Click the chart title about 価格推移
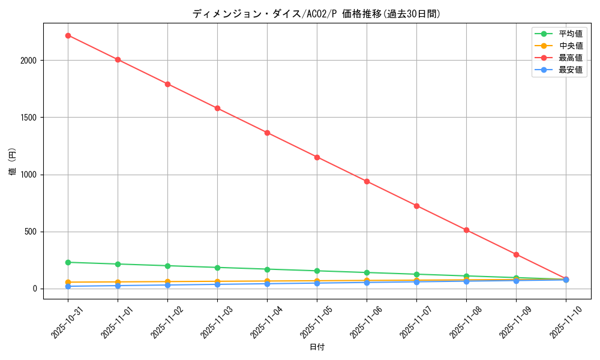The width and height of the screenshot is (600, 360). click(x=316, y=14)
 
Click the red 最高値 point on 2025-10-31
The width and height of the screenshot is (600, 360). click(x=68, y=35)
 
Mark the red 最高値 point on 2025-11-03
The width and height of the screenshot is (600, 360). click(x=217, y=108)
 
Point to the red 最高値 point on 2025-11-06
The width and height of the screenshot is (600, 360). click(x=367, y=181)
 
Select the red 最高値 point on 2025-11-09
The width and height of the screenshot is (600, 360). click(x=516, y=254)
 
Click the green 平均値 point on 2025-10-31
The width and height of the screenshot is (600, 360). click(x=68, y=262)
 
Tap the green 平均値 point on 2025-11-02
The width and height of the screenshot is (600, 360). click(x=167, y=266)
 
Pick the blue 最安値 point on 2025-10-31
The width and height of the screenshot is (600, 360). click(x=68, y=286)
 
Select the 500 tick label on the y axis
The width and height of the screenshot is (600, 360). click(x=33, y=232)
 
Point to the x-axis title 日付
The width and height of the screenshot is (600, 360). click(x=317, y=347)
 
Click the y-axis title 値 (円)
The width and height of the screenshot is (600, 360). click(x=13, y=161)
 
